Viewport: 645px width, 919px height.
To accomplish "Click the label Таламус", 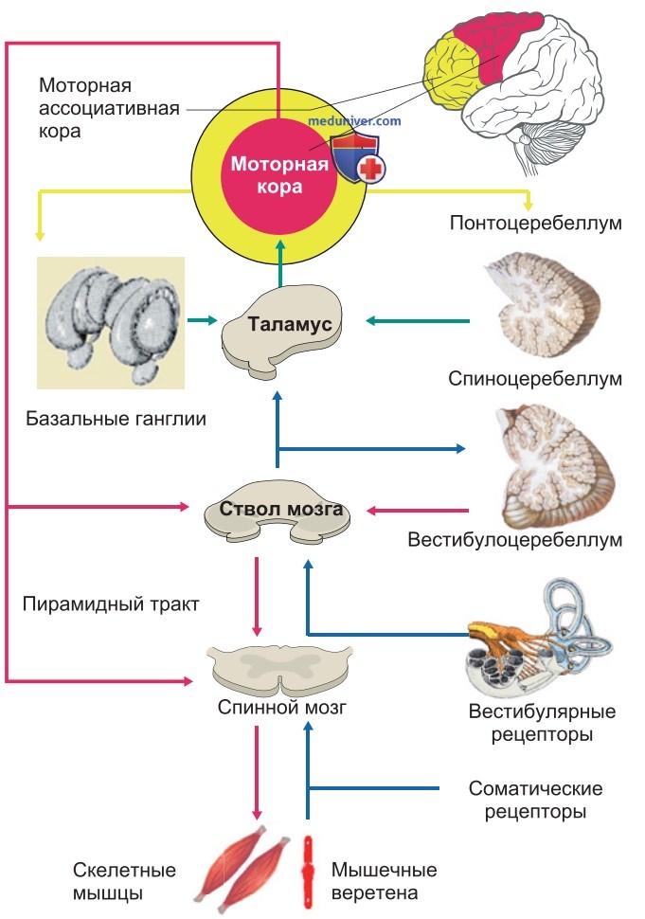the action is pyautogui.click(x=290, y=323).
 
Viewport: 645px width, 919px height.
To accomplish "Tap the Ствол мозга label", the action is pyautogui.click(x=281, y=508).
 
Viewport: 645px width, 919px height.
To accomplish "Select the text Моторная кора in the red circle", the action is pyautogui.click(x=279, y=174).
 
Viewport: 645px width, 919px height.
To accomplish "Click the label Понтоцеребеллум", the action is pyautogui.click(x=535, y=223).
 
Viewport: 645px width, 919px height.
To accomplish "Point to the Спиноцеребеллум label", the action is pyautogui.click(x=535, y=378).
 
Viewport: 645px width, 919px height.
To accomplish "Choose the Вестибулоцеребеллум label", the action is pyautogui.click(x=515, y=539).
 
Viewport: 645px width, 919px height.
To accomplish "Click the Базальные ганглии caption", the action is pyautogui.click(x=116, y=419).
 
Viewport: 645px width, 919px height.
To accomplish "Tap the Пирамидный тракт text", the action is pyautogui.click(x=111, y=604).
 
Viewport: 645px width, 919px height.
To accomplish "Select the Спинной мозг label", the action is pyautogui.click(x=282, y=708).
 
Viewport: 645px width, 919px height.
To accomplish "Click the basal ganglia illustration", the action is pyautogui.click(x=111, y=323).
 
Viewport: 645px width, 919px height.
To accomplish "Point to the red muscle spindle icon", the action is pyautogui.click(x=308, y=871).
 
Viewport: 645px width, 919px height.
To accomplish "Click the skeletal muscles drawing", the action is pyautogui.click(x=242, y=869).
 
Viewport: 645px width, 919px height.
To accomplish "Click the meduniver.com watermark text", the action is pyautogui.click(x=354, y=121).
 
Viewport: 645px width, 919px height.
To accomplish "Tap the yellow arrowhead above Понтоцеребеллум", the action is pyautogui.click(x=529, y=206).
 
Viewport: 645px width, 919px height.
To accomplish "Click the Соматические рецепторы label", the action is pyautogui.click(x=535, y=800).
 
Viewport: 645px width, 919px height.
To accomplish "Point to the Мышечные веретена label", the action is pyautogui.click(x=385, y=881).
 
